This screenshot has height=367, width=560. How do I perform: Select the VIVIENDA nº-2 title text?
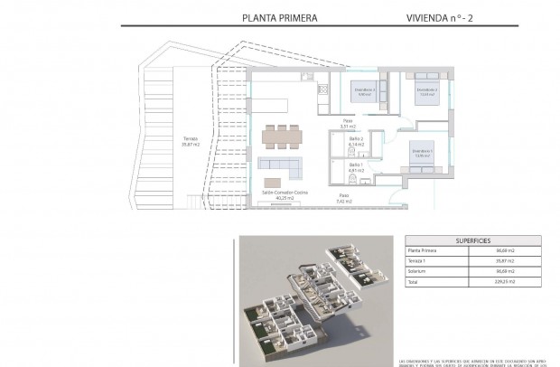tap(419, 16)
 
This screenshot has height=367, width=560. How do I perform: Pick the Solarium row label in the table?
tap(422, 281)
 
